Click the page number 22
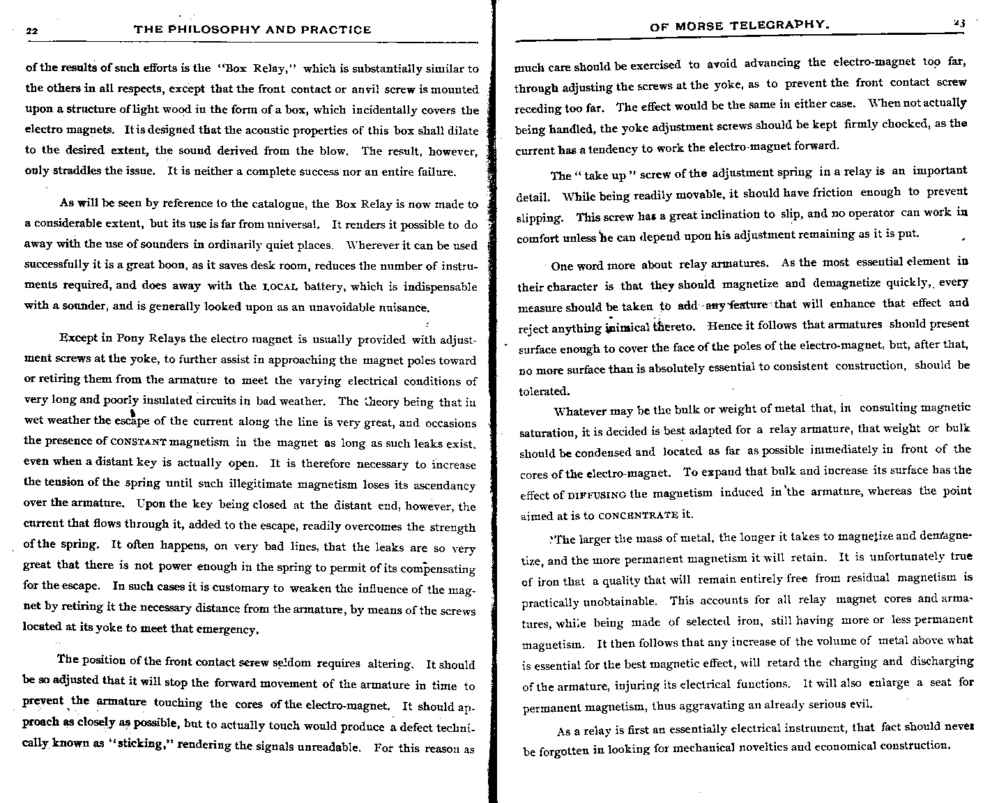tap(31, 30)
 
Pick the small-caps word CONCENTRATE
tap(638, 517)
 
